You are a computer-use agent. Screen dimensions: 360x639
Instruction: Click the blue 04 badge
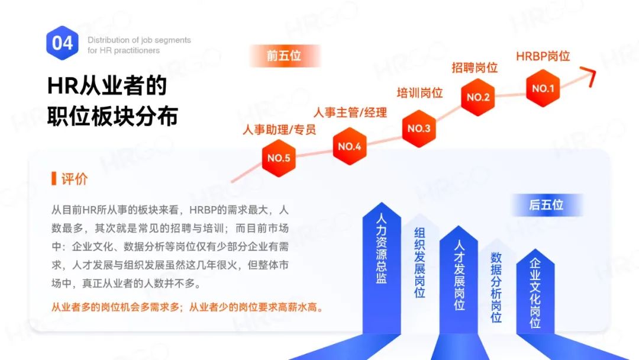click(63, 43)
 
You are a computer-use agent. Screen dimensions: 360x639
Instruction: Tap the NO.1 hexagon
click(543, 89)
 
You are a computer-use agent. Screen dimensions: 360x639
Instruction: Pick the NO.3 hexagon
click(419, 128)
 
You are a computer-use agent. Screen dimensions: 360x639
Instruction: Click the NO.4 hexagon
click(349, 146)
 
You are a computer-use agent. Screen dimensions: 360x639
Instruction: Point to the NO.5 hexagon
click(279, 158)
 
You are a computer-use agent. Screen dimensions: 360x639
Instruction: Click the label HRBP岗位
click(543, 56)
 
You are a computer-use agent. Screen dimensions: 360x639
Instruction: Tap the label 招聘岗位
click(475, 67)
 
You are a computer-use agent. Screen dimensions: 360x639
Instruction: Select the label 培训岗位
click(419, 93)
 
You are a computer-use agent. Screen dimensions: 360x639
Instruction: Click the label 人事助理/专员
click(279, 130)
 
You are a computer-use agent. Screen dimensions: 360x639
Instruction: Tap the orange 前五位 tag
click(284, 56)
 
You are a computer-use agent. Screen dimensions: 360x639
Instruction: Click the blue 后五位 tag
click(546, 205)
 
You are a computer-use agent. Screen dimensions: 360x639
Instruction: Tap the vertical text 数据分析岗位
click(496, 287)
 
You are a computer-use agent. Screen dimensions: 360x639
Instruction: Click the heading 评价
click(75, 179)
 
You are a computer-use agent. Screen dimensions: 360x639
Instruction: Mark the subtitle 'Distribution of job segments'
click(139, 40)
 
